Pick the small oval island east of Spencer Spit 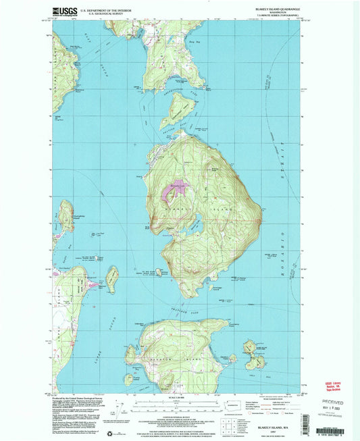111,278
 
